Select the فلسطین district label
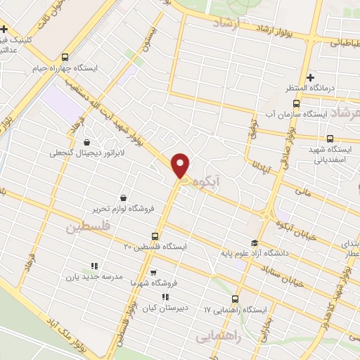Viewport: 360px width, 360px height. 89,227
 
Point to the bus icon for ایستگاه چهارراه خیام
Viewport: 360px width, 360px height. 65,57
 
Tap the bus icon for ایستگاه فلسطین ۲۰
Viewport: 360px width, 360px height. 155,236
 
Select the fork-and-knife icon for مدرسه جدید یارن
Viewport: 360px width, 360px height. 94,266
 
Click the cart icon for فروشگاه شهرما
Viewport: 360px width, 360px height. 153,272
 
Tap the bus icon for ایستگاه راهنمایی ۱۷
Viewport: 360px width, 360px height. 236,297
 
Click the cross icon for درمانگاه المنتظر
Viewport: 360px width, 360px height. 309,77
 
